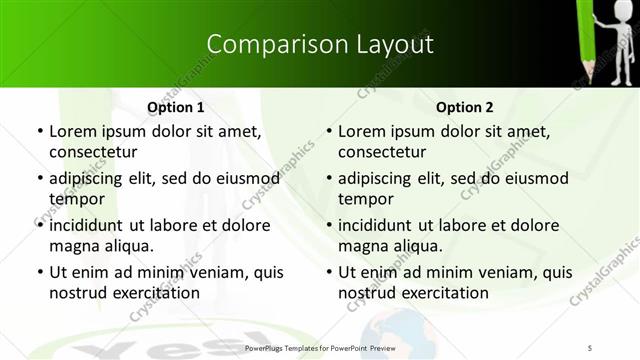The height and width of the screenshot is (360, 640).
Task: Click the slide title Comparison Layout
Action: [320, 44]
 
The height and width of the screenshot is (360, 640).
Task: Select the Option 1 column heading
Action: [175, 107]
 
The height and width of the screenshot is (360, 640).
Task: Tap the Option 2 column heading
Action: [465, 107]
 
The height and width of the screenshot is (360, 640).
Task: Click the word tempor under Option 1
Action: [73, 199]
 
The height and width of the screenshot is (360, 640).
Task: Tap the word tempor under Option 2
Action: [362, 199]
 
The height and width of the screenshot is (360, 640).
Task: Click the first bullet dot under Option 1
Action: [39, 131]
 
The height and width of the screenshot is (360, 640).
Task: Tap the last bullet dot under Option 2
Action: [328, 272]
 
